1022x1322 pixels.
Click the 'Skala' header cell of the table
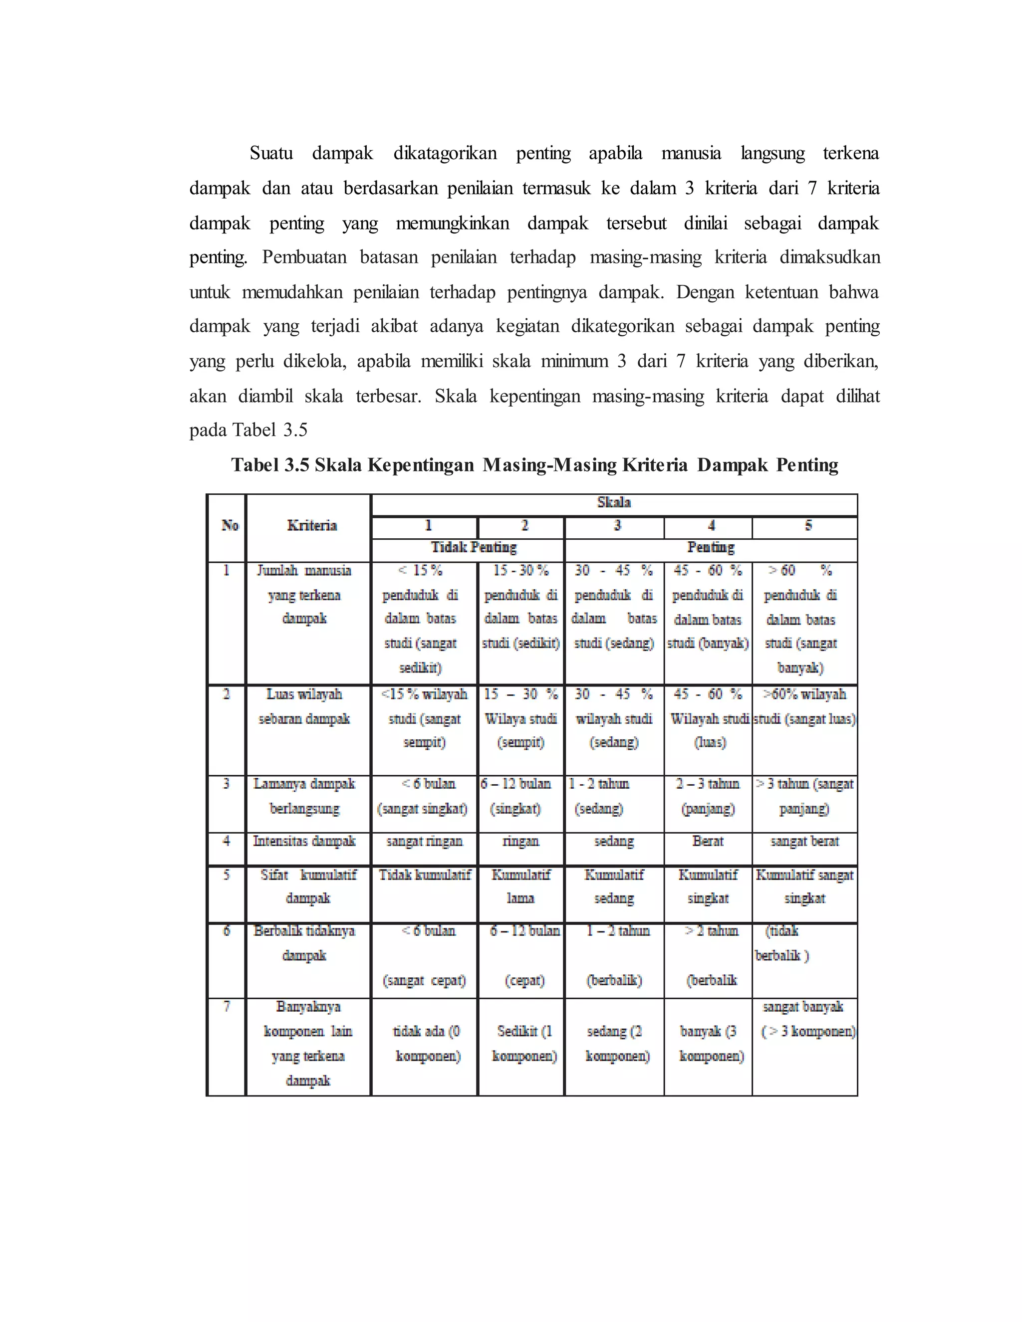[613, 502]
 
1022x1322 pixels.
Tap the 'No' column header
[230, 525]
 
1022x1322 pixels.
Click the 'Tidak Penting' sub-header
[474, 548]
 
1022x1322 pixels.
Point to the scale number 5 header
[808, 525]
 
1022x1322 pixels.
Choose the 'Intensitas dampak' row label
[304, 842]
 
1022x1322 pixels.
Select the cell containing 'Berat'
[707, 842]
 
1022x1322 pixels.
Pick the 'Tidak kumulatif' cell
[425, 876]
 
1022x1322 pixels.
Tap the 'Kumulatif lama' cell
[520, 887]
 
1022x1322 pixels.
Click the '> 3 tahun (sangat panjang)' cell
[804, 796]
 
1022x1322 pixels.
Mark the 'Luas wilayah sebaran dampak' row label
[304, 706]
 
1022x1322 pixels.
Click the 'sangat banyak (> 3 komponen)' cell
[805, 1019]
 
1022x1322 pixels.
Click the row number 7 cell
[227, 1007]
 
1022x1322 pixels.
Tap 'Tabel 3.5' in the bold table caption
[270, 465]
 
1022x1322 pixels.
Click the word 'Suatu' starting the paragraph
[270, 153]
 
